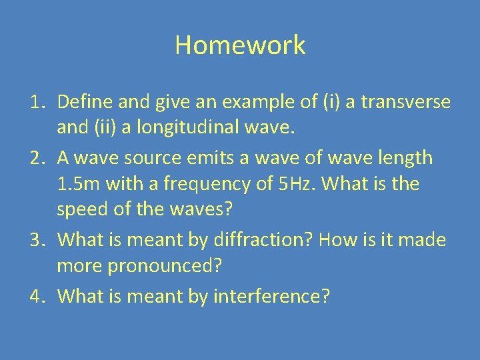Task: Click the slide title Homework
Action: [x=240, y=45]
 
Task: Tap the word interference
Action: [x=271, y=296]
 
